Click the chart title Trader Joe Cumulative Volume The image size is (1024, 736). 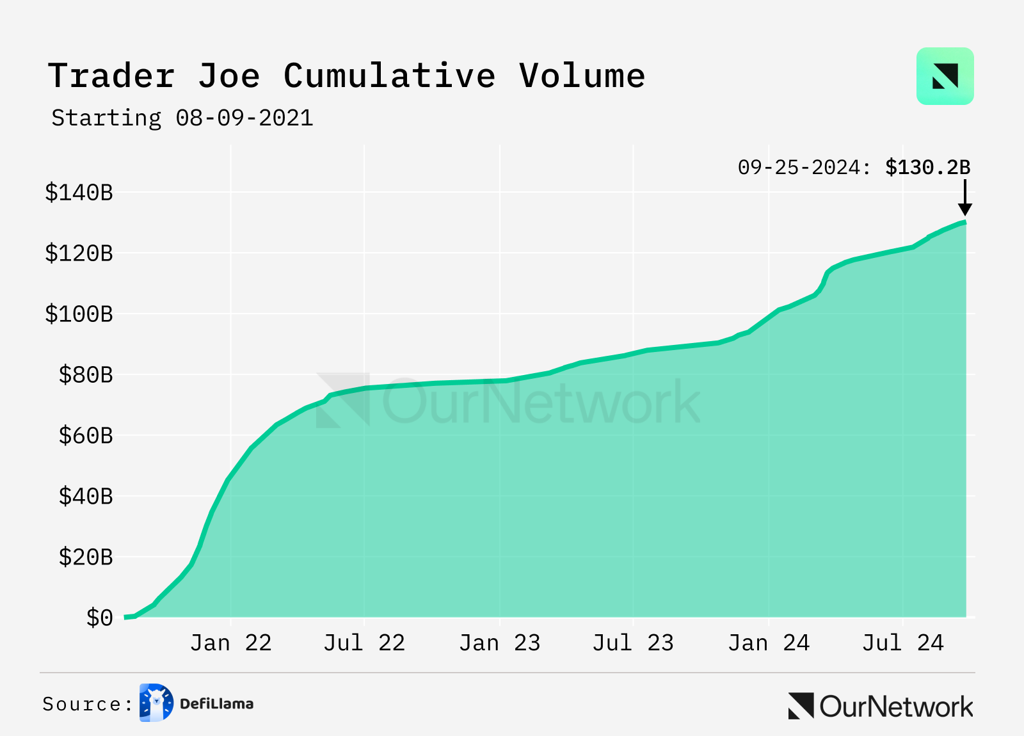pos(346,76)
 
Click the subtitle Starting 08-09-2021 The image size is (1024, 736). pos(182,118)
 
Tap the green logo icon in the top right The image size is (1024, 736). pos(945,76)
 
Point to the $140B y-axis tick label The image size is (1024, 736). pos(79,193)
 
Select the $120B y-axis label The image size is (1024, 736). pos(79,253)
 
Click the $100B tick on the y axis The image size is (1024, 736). pos(79,314)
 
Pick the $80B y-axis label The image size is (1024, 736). pos(86,375)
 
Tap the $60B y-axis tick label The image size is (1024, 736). pos(86,436)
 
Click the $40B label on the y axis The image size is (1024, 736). pos(86,497)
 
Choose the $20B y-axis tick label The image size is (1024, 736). pos(86,557)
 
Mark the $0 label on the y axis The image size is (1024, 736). pos(100,618)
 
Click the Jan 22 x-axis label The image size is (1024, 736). pos(231,643)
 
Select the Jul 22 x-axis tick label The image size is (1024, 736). pos(364,643)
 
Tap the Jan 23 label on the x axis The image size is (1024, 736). pos(500,643)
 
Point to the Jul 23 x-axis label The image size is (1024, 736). pos(633,643)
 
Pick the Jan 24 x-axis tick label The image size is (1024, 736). pos(769,643)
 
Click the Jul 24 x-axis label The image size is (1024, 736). pos(902,643)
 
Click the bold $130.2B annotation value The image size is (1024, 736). pos(927,168)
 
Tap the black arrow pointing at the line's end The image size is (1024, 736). pos(965,198)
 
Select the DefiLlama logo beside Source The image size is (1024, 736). pos(156,703)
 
